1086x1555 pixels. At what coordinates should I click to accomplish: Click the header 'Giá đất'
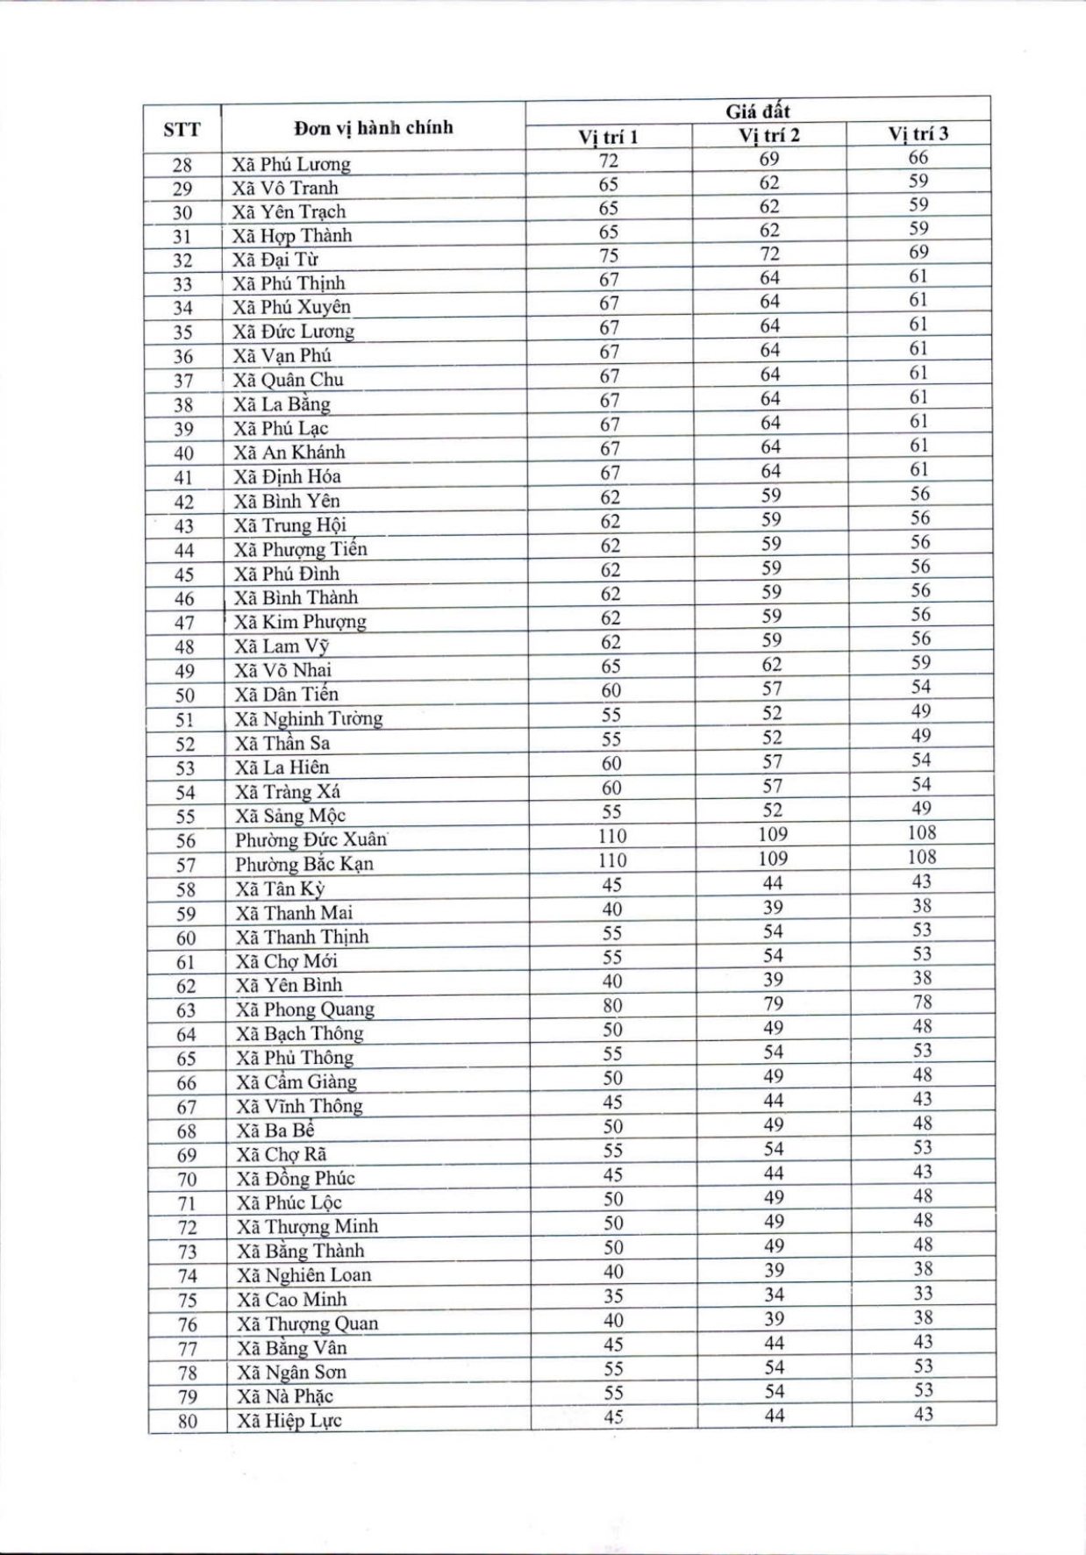(758, 111)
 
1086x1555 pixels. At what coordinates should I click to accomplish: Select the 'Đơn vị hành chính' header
(374, 128)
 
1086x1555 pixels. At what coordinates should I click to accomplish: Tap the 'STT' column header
(182, 131)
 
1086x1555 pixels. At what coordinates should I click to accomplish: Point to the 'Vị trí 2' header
(769, 135)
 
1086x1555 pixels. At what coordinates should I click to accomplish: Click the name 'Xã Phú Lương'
(291, 164)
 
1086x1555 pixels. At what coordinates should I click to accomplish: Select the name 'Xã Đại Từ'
(275, 260)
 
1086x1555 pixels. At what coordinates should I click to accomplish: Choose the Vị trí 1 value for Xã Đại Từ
(609, 255)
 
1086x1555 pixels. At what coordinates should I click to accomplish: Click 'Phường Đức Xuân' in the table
(311, 839)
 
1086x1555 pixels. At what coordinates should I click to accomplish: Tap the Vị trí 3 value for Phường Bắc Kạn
(922, 857)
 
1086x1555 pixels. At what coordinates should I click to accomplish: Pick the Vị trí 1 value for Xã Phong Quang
(612, 1006)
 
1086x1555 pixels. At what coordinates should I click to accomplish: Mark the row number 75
(187, 1300)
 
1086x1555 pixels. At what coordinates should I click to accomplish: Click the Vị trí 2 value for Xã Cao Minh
(774, 1295)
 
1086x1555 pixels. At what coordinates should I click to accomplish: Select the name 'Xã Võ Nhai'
(283, 670)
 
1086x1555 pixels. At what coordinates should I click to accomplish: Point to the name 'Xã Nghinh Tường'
(309, 718)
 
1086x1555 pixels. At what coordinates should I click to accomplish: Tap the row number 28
(182, 165)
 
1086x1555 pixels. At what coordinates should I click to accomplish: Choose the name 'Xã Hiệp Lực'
(289, 1421)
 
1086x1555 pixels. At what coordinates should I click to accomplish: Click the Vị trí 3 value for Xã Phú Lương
(918, 158)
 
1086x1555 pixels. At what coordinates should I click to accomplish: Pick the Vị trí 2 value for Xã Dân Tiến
(772, 689)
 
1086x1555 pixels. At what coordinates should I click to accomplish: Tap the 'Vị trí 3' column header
(918, 133)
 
